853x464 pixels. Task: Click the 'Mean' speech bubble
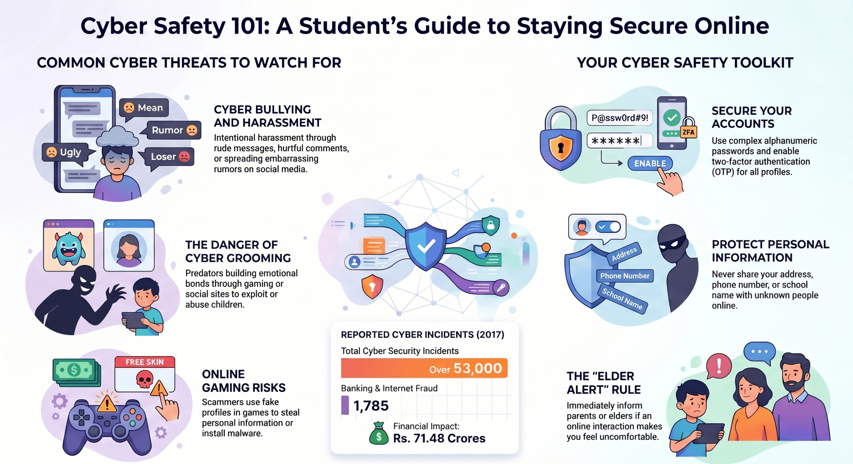click(x=144, y=108)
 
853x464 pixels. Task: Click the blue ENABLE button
click(x=650, y=163)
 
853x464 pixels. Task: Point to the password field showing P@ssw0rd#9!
click(x=619, y=118)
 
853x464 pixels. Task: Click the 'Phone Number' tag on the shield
click(x=625, y=276)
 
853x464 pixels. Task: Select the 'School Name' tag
click(x=622, y=299)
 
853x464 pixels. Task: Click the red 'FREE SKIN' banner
click(x=145, y=362)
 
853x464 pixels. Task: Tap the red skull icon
click(x=145, y=379)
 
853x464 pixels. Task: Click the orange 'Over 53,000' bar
click(x=424, y=368)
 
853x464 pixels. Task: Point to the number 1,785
click(x=371, y=406)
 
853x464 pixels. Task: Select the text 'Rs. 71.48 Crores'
click(x=439, y=438)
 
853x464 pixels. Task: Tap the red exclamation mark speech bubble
click(x=718, y=366)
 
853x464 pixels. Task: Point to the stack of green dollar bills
click(x=77, y=372)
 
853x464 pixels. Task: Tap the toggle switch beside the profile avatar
click(x=608, y=227)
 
